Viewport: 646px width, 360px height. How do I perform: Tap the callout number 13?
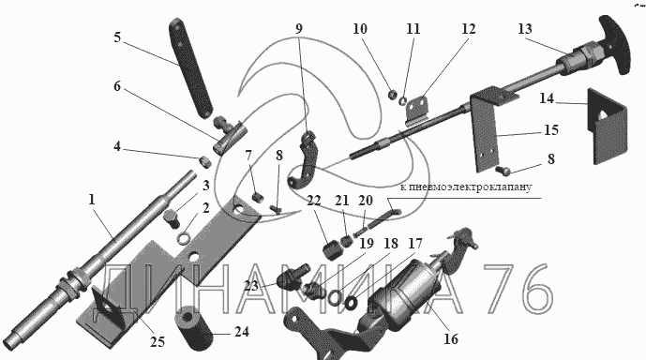click(x=525, y=29)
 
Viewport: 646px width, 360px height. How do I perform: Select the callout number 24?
click(x=242, y=332)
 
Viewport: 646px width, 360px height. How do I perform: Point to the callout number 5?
click(x=117, y=37)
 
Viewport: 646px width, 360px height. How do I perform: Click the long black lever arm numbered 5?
click(x=190, y=68)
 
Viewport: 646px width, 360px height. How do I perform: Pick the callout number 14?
click(x=547, y=98)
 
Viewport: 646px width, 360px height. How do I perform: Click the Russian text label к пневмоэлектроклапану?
click(x=466, y=187)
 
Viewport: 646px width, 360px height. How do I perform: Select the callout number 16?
click(x=451, y=339)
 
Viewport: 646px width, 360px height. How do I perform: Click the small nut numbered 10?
click(x=393, y=95)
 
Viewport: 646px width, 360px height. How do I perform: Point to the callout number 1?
click(x=92, y=200)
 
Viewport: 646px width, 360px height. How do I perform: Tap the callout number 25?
click(x=157, y=341)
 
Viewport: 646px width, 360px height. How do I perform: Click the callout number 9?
click(x=299, y=29)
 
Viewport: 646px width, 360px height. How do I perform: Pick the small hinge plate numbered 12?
click(x=417, y=111)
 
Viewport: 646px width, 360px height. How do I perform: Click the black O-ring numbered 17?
click(x=352, y=303)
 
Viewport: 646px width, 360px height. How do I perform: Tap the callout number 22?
click(x=313, y=201)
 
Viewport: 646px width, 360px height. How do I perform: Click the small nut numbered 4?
click(x=205, y=161)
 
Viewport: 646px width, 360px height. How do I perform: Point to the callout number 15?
click(x=551, y=130)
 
